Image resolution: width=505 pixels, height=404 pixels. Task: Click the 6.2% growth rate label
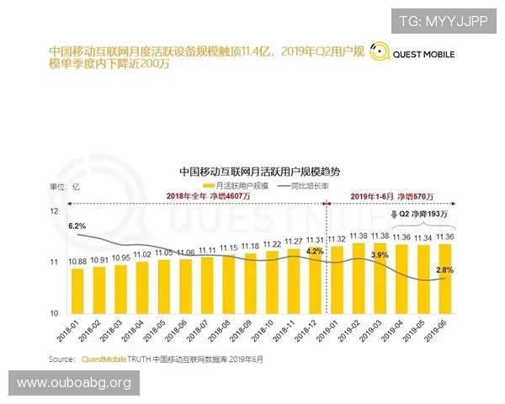coord(77,226)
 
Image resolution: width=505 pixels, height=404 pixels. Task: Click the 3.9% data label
coord(380,254)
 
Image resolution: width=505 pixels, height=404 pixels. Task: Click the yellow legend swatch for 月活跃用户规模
coord(209,184)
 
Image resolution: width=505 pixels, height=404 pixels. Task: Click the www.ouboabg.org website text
coord(74,384)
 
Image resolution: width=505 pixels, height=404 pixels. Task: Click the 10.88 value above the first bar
coord(77,262)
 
